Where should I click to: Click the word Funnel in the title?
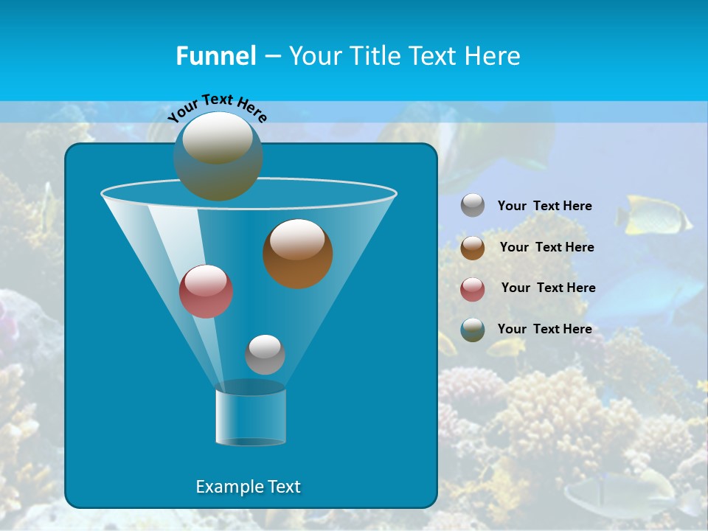(216, 56)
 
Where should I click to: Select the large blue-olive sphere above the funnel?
(218, 156)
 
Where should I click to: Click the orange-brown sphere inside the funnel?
(297, 253)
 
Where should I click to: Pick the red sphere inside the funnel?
(206, 291)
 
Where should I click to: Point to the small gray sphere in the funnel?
(265, 354)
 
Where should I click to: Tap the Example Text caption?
(248, 487)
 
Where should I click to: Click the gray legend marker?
(473, 205)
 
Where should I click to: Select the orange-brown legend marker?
(473, 247)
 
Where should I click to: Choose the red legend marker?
(473, 288)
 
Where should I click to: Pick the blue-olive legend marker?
(473, 329)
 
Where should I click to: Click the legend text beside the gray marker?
(544, 206)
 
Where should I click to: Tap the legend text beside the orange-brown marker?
(546, 247)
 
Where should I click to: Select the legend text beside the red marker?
(548, 288)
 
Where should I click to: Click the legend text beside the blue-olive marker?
(544, 329)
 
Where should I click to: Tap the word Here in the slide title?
(493, 56)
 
